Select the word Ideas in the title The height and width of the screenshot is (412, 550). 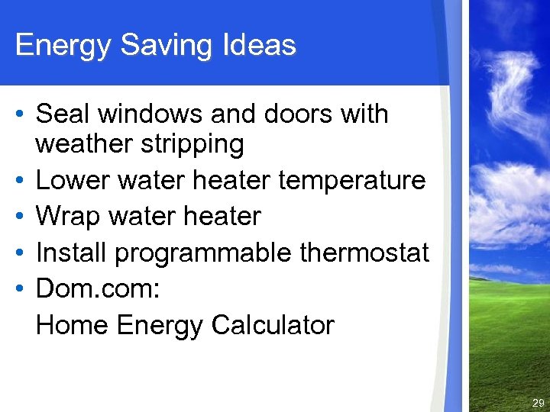(259, 46)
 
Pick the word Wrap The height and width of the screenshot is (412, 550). (67, 217)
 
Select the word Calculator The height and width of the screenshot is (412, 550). (273, 325)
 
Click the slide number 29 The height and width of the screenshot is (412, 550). (538, 403)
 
